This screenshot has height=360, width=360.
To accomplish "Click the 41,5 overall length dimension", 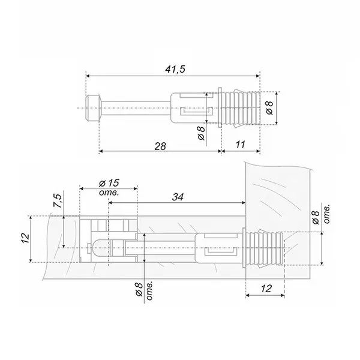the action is point(175,69).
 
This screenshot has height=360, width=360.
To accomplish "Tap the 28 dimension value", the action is point(160,146).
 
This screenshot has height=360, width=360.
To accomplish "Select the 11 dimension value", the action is point(240,145).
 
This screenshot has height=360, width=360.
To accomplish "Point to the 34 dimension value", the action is point(178,197).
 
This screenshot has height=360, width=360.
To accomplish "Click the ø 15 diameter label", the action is point(109,183).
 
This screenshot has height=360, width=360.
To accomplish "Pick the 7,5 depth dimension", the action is point(58,201).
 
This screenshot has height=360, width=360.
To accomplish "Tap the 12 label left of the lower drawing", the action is point(25,239).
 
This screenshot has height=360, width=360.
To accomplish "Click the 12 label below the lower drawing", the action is point(266,289).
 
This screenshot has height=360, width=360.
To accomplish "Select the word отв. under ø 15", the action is point(109,193).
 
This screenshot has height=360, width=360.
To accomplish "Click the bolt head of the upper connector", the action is point(93,108).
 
